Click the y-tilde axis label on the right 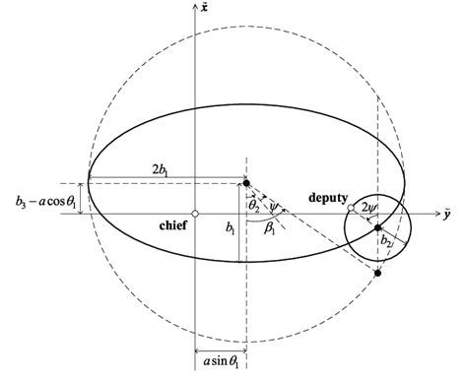447,212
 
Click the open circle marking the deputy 352,209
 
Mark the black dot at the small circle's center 377,227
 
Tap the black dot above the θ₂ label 245,184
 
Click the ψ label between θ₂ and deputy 281,207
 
